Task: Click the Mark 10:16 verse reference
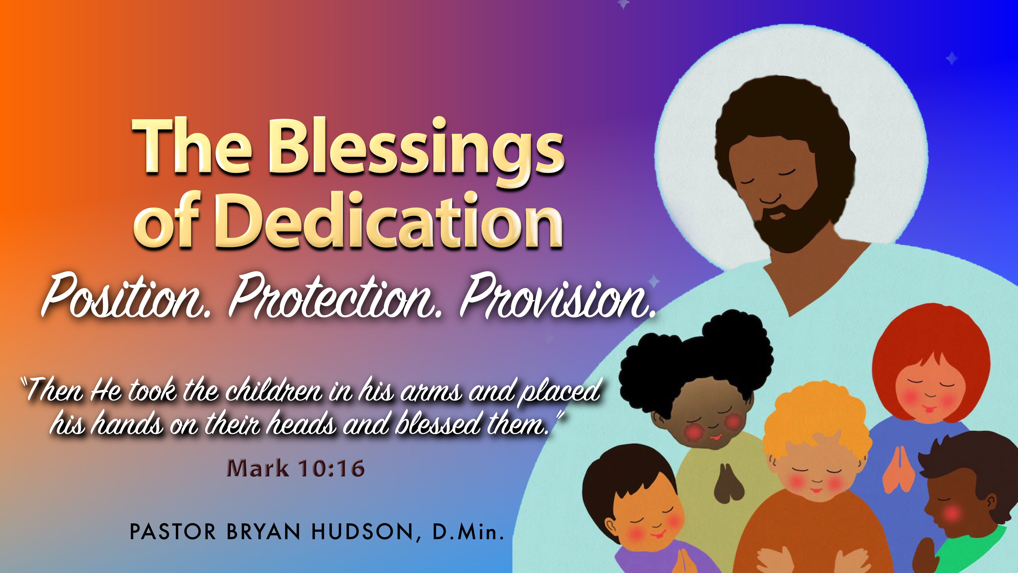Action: pos(296,468)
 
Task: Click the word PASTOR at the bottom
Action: pos(173,532)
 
